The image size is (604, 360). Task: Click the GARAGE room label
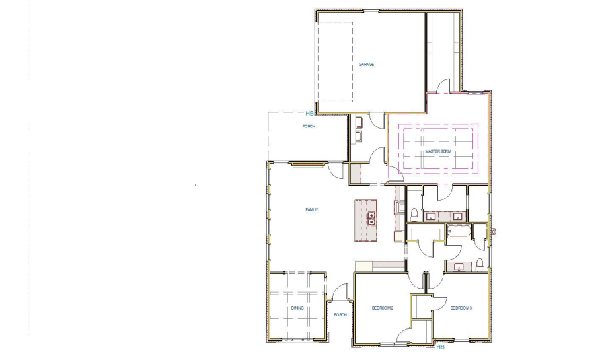[366, 64]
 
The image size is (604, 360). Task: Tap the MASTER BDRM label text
[437, 151]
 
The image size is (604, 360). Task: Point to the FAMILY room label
[312, 209]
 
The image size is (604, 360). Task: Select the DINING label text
[297, 308]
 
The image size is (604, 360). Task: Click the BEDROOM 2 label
[382, 308]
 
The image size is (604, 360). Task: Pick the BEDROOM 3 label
[461, 308]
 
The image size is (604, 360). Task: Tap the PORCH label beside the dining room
[340, 314]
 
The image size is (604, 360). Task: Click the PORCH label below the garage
[309, 126]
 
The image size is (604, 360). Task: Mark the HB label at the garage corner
[309, 114]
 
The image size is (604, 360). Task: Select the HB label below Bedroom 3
[441, 346]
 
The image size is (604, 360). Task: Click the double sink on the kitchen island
[371, 219]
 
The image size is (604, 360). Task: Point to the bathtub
[458, 231]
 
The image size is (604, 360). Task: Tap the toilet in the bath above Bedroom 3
[480, 266]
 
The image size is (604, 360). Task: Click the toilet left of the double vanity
[414, 214]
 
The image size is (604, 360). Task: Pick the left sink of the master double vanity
[431, 216]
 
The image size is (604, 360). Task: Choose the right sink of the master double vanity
[457, 216]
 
